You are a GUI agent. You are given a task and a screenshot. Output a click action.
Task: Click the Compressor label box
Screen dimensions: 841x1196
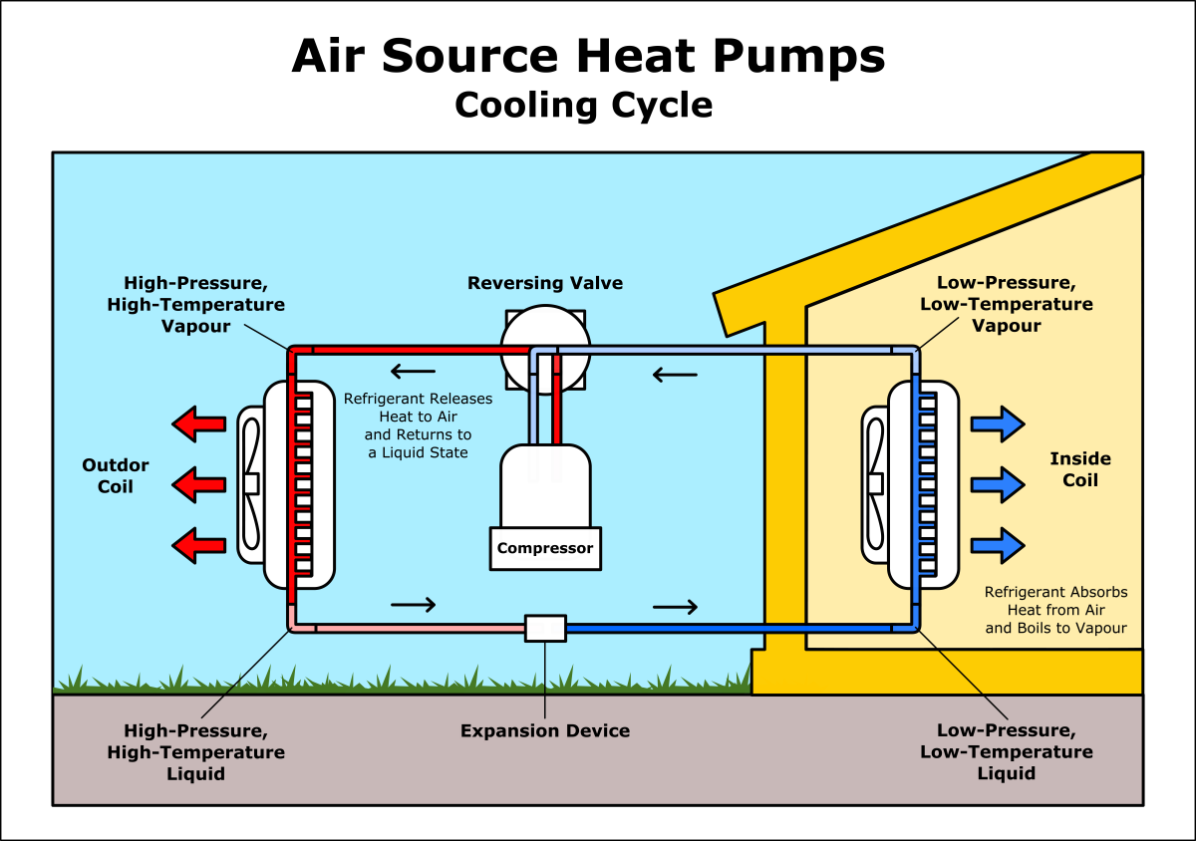[545, 548]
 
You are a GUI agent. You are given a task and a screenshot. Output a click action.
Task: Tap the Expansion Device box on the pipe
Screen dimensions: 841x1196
[545, 628]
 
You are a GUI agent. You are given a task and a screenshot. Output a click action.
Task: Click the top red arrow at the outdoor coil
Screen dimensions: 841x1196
[199, 424]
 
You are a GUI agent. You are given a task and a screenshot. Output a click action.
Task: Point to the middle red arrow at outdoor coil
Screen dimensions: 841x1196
[199, 484]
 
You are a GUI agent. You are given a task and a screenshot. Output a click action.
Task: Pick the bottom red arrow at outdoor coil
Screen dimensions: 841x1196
[199, 544]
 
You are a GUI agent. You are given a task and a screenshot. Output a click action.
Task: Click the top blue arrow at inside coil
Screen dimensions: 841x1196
[997, 424]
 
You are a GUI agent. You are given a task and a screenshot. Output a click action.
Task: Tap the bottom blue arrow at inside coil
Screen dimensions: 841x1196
[997, 544]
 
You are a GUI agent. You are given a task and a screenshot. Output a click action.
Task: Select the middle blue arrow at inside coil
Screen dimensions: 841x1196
[997, 484]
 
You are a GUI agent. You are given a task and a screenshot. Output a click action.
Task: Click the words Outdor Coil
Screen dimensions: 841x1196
[116, 475]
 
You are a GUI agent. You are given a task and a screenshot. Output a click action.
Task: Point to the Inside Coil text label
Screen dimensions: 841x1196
[1080, 469]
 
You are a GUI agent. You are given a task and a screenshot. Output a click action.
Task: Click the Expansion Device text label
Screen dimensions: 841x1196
[545, 731]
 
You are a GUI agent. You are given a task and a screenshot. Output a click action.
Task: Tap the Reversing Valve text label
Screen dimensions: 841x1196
[545, 284]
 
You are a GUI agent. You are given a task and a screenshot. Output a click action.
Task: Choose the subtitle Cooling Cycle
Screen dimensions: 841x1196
[584, 106]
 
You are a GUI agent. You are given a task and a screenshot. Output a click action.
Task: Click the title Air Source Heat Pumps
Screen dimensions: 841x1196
[588, 56]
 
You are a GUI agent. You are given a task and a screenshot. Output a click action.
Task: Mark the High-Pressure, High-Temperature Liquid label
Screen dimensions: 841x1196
[196, 752]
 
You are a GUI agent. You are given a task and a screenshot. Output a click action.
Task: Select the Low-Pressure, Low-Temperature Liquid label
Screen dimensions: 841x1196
[1007, 752]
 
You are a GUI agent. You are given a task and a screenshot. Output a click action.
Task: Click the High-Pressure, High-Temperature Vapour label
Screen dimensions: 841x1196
[196, 304]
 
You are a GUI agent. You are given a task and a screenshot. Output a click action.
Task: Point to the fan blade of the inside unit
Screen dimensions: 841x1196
[874, 483]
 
